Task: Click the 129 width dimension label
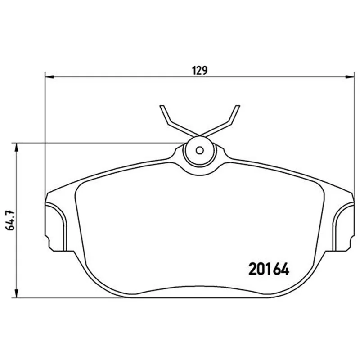[200, 71]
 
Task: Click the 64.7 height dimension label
[11, 220]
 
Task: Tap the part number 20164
[269, 269]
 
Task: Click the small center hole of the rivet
[200, 151]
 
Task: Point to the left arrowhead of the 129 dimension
[49, 77]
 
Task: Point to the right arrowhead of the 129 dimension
[350, 77]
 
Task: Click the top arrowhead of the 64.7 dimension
[16, 148]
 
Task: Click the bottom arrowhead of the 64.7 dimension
[16, 293]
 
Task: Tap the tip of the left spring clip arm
[162, 106]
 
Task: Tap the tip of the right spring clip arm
[238, 106]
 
